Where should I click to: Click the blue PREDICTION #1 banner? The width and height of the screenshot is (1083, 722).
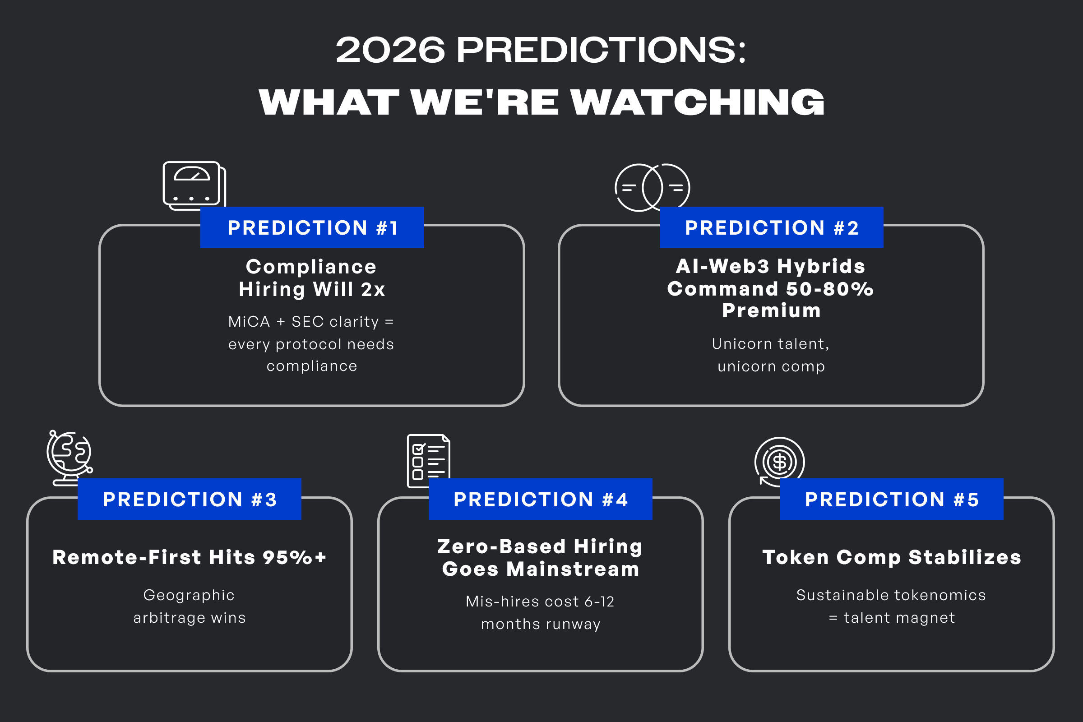312,227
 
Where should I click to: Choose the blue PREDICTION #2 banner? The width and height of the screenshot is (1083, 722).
772,227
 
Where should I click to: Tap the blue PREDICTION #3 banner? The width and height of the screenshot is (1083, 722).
189,499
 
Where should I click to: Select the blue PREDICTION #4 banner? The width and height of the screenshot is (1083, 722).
541,499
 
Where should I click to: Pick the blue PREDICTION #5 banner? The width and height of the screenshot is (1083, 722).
892,499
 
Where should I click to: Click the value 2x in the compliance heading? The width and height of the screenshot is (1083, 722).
373,290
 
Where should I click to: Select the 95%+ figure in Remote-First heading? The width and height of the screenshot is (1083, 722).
295,557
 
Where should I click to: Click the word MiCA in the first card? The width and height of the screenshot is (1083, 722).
249,321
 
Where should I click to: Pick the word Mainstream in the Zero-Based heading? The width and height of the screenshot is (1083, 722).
573,569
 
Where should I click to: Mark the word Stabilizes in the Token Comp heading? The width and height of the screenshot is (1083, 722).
965,557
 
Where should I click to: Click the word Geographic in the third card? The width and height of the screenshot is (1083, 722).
189,595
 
